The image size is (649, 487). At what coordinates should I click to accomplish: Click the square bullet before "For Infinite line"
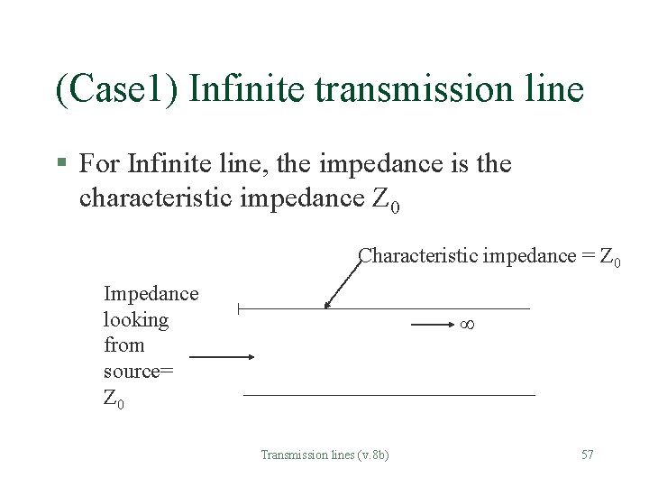pyautogui.click(x=61, y=164)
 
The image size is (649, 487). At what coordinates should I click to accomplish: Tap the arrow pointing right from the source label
pyautogui.click(x=222, y=357)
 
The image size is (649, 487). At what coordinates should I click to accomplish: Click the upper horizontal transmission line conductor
pyautogui.click(x=384, y=309)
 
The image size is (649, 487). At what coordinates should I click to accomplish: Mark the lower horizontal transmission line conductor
pyautogui.click(x=388, y=395)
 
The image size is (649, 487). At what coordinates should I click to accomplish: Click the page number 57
pyautogui.click(x=587, y=455)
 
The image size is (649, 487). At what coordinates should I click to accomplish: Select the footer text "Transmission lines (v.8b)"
pyautogui.click(x=324, y=455)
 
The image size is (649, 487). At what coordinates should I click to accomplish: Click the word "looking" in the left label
pyautogui.click(x=136, y=320)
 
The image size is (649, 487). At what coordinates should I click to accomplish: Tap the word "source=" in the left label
pyautogui.click(x=139, y=372)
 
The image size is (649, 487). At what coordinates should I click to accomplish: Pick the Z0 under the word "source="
pyautogui.click(x=114, y=398)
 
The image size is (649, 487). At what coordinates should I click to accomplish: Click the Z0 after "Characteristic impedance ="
pyautogui.click(x=609, y=257)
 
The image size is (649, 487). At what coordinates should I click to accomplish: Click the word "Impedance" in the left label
pyautogui.click(x=151, y=294)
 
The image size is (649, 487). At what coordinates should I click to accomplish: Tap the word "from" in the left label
pyautogui.click(x=123, y=345)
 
